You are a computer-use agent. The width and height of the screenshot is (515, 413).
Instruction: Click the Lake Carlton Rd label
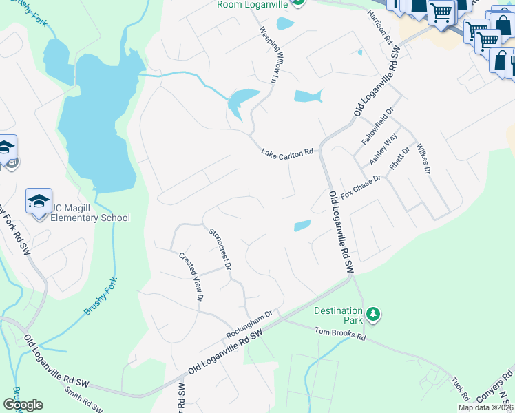click(287, 153)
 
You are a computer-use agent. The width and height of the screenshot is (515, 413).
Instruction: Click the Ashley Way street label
click(383, 148)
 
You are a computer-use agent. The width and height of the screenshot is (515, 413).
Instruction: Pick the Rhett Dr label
click(399, 158)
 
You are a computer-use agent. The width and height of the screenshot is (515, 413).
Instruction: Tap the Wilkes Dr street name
click(423, 159)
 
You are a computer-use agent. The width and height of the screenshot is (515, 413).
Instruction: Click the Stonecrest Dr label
click(221, 246)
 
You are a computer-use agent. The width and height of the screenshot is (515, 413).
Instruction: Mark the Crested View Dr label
click(191, 276)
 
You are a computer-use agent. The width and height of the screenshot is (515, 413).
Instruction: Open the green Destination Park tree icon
click(373, 315)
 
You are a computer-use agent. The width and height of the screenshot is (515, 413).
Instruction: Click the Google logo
click(23, 404)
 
